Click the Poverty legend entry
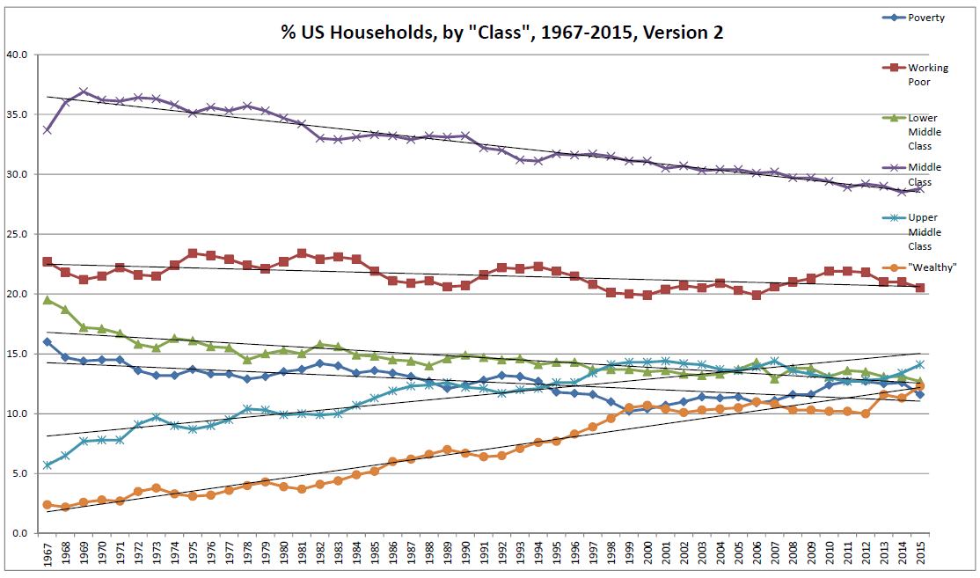(926, 18)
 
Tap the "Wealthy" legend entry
(931, 267)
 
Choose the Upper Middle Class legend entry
(925, 218)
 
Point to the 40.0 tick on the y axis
(18, 55)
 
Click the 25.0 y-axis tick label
(18, 234)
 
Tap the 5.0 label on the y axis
(20, 473)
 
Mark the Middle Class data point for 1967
(47, 129)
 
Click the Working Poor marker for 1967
(47, 262)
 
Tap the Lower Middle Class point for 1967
(47, 300)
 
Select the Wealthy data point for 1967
(47, 504)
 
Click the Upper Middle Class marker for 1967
(47, 465)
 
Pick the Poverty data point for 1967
(47, 341)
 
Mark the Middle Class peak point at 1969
(84, 91)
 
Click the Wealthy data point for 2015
(920, 386)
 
